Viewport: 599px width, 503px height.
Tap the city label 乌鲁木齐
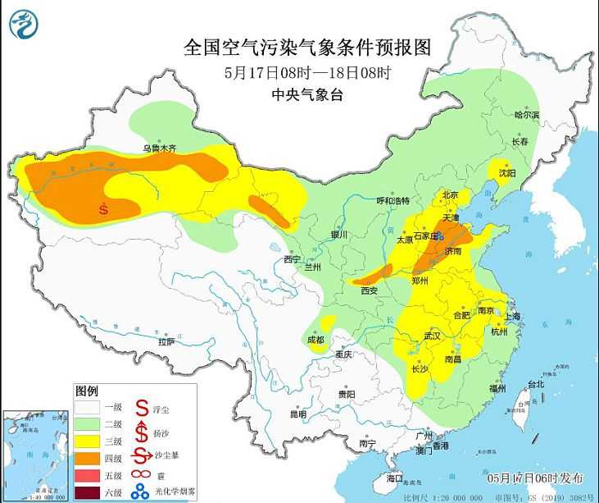tap(160, 149)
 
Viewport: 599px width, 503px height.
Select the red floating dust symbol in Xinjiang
tap(104, 208)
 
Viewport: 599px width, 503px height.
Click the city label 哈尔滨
tap(527, 116)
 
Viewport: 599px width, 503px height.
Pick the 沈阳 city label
tap(507, 173)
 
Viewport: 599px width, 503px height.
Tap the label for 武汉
tap(432, 336)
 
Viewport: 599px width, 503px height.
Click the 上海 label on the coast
tap(515, 316)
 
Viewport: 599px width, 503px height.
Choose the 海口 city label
tap(395, 478)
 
